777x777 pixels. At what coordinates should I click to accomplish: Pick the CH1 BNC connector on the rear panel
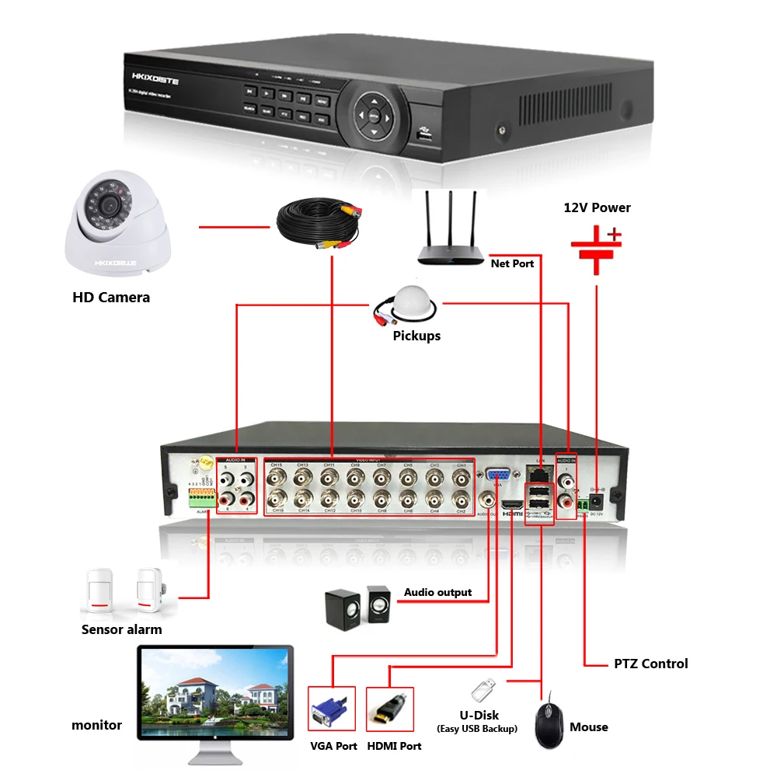(461, 476)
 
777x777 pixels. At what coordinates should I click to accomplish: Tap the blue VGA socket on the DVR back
(498, 476)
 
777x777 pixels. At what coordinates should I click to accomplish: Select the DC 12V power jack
(596, 501)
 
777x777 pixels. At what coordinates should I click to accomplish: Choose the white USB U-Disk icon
(482, 688)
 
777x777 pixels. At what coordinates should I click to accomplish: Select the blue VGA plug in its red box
(331, 709)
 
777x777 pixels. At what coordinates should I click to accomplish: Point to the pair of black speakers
(357, 607)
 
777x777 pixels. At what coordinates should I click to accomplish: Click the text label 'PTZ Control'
(650, 664)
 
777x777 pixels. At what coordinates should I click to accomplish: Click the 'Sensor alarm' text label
(122, 629)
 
